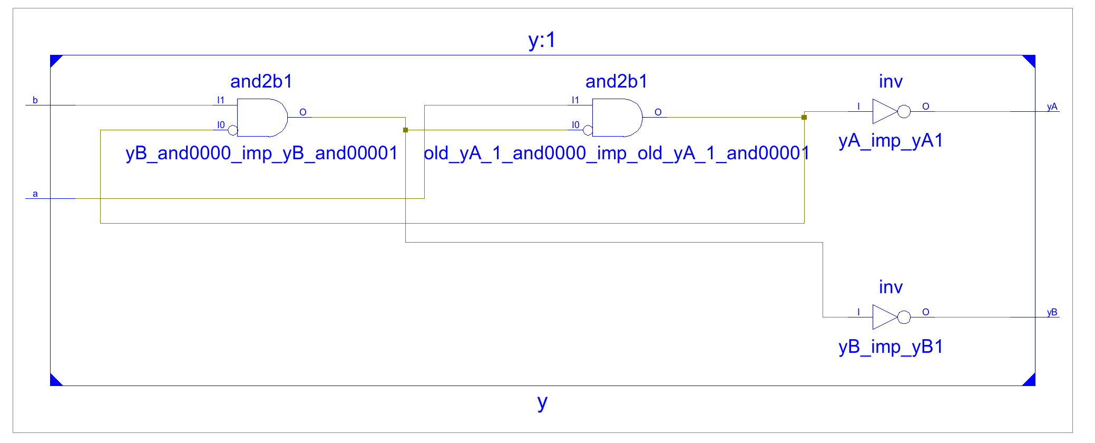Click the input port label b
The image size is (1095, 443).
[35, 100]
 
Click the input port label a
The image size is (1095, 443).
[35, 194]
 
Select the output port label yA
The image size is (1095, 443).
[1052, 107]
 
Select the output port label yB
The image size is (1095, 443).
[1052, 312]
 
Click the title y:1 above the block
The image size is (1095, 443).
[542, 40]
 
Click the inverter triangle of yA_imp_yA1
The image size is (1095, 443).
[884, 111]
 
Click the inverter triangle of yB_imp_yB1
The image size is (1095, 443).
[884, 317]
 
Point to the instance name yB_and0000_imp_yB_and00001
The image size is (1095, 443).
[261, 153]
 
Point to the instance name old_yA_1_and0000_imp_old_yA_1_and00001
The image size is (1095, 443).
[616, 153]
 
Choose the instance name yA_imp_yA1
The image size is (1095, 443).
[891, 141]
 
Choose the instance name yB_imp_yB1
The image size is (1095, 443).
[891, 346]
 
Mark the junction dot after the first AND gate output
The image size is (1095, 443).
[405, 130]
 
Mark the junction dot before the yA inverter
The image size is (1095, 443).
[804, 117]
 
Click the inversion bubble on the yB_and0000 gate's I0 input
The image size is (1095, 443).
[232, 130]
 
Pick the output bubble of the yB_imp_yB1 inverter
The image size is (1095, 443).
[904, 317]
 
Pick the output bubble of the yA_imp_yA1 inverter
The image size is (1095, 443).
[904, 111]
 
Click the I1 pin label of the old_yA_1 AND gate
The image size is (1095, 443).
[575, 100]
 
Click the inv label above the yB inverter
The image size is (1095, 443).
[891, 287]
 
